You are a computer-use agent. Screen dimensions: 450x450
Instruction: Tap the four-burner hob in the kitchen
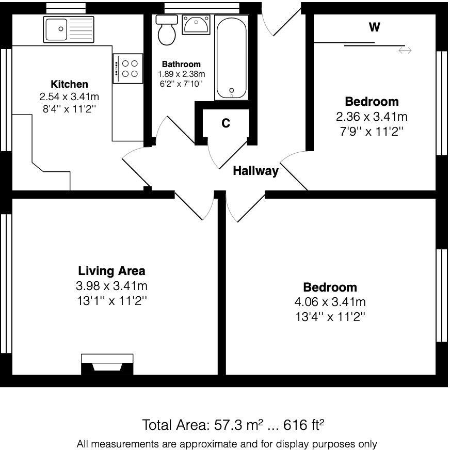[x=127, y=69]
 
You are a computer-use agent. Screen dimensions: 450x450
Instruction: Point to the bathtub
[x=231, y=57]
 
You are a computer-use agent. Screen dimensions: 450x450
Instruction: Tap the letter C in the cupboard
[x=226, y=123]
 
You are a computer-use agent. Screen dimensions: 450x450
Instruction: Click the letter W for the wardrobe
[x=375, y=27]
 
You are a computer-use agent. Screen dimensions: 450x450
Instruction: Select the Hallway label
[x=255, y=171]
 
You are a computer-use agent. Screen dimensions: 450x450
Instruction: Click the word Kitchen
[x=69, y=84]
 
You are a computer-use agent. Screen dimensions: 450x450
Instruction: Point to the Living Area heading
[x=111, y=270]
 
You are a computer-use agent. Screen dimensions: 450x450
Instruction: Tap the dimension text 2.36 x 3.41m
[x=372, y=117]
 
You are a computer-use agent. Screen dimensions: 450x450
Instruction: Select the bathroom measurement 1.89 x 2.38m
[x=181, y=74]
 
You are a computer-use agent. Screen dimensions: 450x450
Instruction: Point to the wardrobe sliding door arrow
[x=405, y=50]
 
